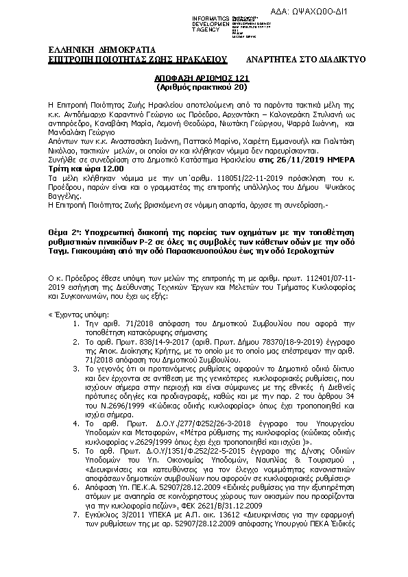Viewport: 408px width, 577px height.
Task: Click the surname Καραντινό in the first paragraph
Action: click(x=143, y=110)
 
